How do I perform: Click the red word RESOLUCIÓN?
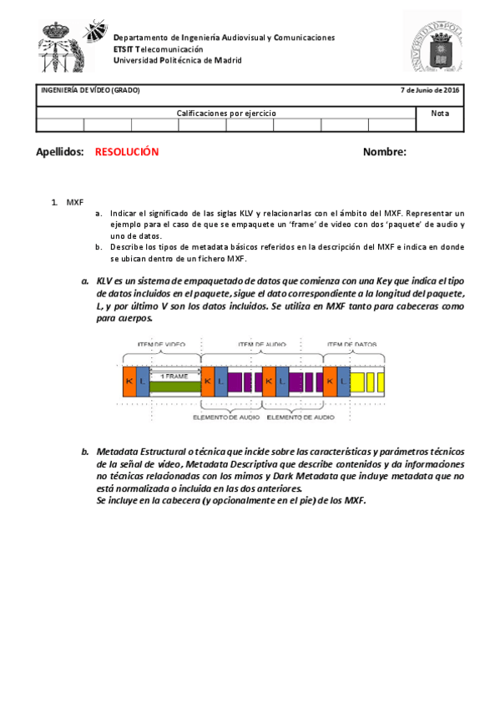click(x=127, y=152)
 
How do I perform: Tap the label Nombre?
click(x=384, y=152)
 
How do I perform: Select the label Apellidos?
click(x=61, y=152)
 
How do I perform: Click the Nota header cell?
click(x=440, y=113)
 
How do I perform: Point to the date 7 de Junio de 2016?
click(x=430, y=90)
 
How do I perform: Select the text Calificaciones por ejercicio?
click(x=226, y=113)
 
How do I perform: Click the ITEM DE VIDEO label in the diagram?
click(x=162, y=344)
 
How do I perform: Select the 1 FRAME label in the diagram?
click(x=174, y=376)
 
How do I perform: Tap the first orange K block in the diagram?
click(x=129, y=381)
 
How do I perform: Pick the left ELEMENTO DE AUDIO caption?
click(x=225, y=416)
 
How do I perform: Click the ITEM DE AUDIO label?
click(x=260, y=344)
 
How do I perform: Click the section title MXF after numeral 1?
click(x=75, y=202)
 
